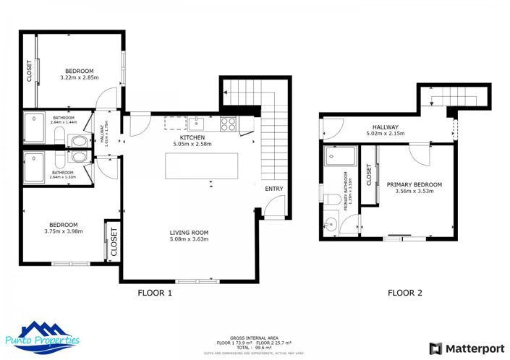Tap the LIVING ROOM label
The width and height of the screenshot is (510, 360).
point(189,232)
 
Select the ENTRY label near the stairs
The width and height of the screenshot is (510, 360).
point(274,189)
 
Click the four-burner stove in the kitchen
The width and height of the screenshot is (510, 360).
point(229,124)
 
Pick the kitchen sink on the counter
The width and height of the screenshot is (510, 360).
point(196,123)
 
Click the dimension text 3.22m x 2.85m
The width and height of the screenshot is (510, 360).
point(78,78)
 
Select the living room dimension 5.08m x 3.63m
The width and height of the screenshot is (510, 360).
point(189,239)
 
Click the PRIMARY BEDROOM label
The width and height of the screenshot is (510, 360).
point(414,184)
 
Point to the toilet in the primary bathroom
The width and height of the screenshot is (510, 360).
point(332,199)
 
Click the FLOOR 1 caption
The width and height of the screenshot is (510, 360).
point(155,293)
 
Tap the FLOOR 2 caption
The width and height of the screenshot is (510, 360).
point(405,293)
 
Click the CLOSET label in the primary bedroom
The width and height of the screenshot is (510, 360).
point(369,176)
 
